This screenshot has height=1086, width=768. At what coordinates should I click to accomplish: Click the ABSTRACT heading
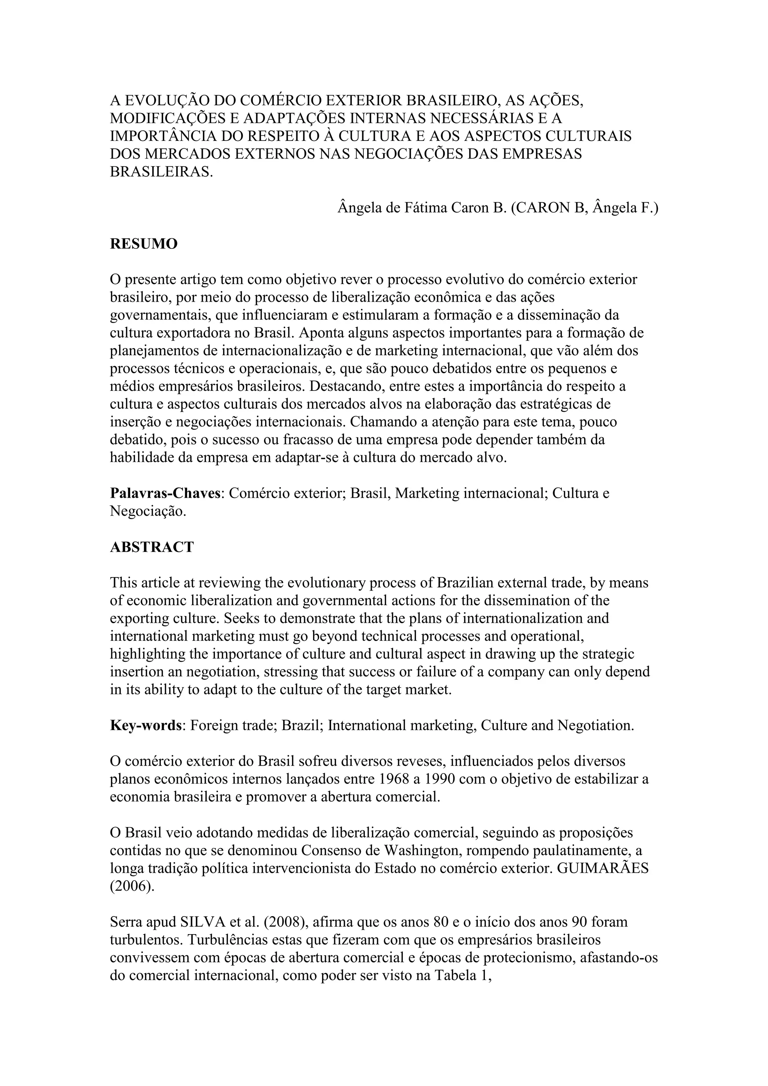152,547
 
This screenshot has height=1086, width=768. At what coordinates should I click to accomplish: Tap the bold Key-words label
146,725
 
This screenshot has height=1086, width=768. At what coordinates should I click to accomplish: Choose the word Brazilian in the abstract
468,583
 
